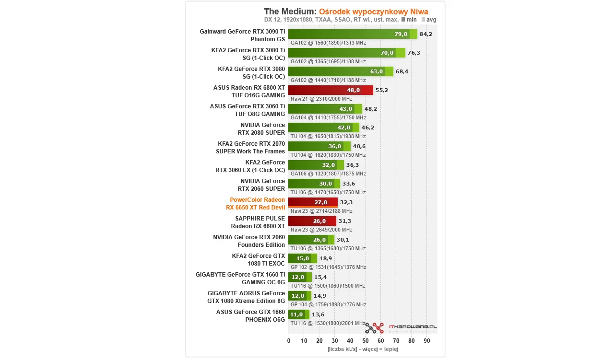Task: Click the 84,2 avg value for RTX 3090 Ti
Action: point(425,34)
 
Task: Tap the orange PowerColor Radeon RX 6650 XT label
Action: point(257,204)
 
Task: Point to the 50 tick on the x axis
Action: point(366,340)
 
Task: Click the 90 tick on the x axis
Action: point(427,340)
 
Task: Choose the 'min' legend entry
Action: point(409,20)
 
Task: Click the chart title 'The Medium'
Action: point(290,11)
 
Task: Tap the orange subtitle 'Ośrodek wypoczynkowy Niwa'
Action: point(374,11)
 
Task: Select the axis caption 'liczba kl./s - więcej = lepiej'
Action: point(363,349)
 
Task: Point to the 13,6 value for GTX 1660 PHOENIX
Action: point(318,314)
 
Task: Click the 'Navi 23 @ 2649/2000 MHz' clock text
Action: point(321,230)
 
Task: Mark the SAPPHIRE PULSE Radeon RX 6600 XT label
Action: point(258,222)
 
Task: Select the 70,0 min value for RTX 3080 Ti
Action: point(387,53)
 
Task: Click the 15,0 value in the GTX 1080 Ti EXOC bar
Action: point(303,258)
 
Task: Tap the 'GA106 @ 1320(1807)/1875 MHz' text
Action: point(328,174)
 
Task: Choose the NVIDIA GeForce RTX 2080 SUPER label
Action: point(261,129)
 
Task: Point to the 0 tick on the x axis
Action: point(288,340)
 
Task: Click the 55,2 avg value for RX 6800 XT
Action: point(382,90)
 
